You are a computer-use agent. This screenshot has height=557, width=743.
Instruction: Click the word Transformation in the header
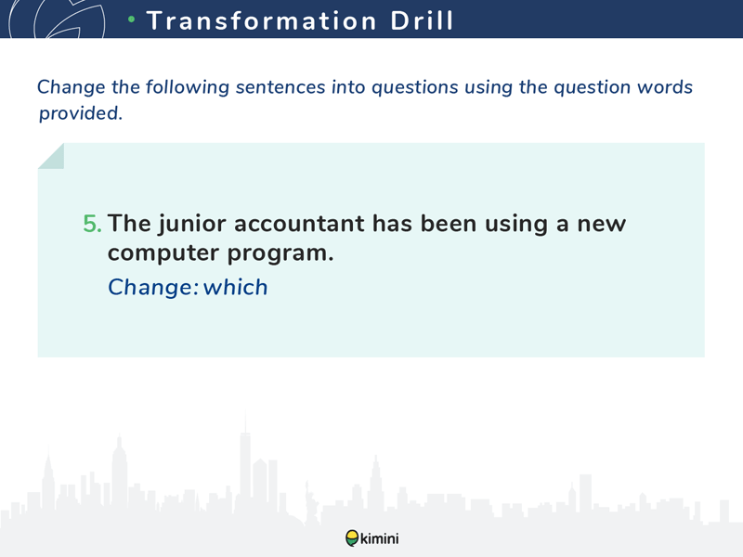pyautogui.click(x=262, y=20)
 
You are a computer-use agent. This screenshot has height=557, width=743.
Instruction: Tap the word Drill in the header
pyautogui.click(x=422, y=20)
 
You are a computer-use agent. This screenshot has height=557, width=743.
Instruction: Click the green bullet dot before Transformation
pyautogui.click(x=132, y=19)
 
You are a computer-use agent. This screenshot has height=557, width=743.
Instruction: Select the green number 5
pyautogui.click(x=92, y=224)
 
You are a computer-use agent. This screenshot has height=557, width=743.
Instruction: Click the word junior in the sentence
pyautogui.click(x=192, y=225)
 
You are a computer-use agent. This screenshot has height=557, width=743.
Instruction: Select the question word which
pyautogui.click(x=236, y=287)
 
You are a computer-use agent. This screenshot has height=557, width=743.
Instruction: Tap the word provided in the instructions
pyautogui.click(x=81, y=113)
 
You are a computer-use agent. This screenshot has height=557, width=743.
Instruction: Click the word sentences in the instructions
pyautogui.click(x=280, y=87)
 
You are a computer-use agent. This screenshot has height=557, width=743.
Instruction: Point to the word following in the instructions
pyautogui.click(x=188, y=88)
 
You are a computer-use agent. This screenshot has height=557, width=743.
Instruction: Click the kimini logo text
pyautogui.click(x=380, y=538)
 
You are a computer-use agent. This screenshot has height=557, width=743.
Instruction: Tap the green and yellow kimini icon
pyautogui.click(x=352, y=538)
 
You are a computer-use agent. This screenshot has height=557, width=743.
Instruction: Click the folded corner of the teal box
pyautogui.click(x=51, y=156)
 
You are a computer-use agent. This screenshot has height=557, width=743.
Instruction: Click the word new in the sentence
pyautogui.click(x=601, y=225)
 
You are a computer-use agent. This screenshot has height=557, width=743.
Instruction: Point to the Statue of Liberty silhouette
pyautogui.click(x=311, y=502)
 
